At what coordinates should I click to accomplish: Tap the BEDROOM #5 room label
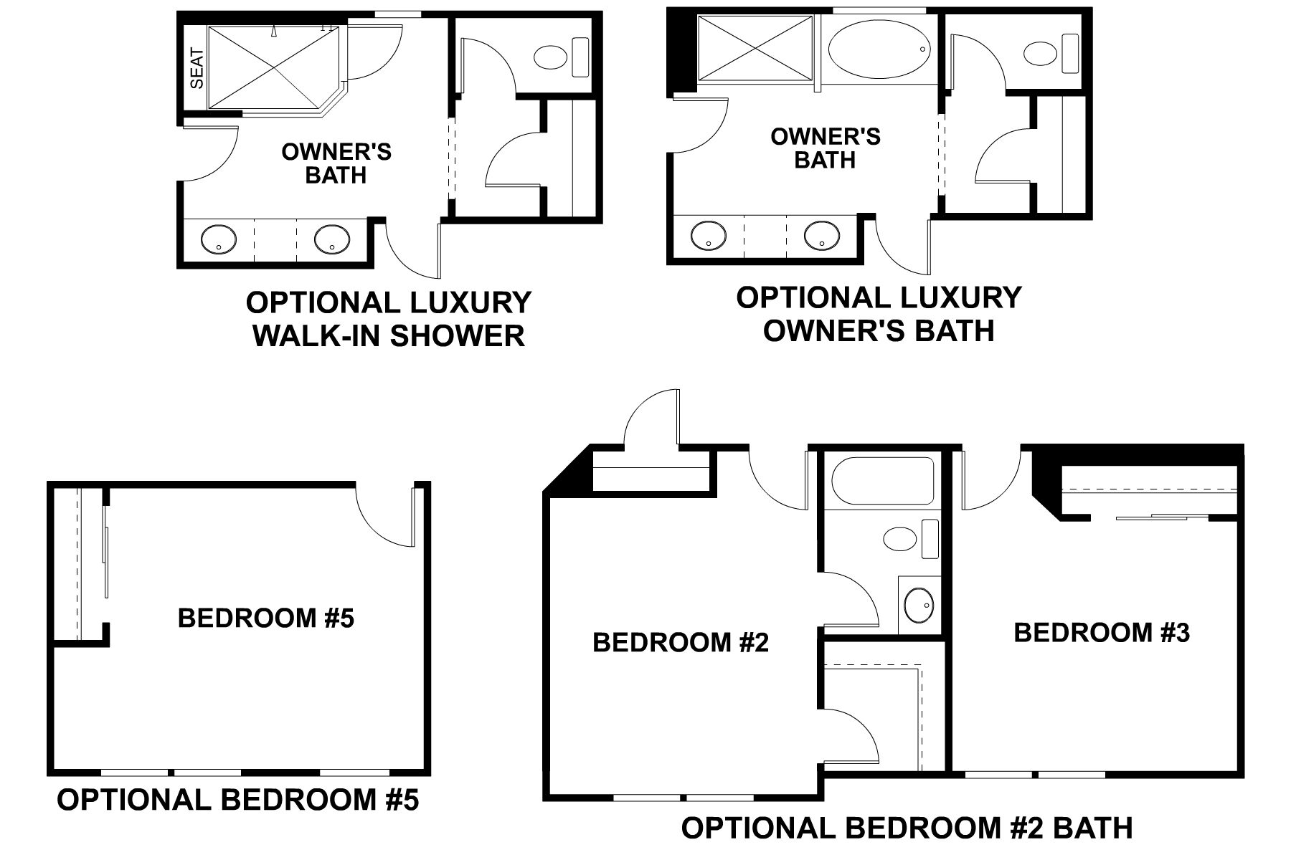click(266, 618)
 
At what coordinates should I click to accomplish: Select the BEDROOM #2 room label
click(681, 643)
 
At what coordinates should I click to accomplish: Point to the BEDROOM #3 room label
click(1102, 633)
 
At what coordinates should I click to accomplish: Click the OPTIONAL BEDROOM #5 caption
click(237, 801)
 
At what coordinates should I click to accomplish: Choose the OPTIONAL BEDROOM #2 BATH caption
click(907, 828)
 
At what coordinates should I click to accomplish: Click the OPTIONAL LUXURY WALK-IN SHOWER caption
click(389, 319)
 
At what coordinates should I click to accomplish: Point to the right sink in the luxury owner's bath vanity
click(822, 234)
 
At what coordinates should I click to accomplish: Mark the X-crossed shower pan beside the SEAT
click(273, 68)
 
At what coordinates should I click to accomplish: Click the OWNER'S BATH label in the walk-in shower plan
click(336, 163)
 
